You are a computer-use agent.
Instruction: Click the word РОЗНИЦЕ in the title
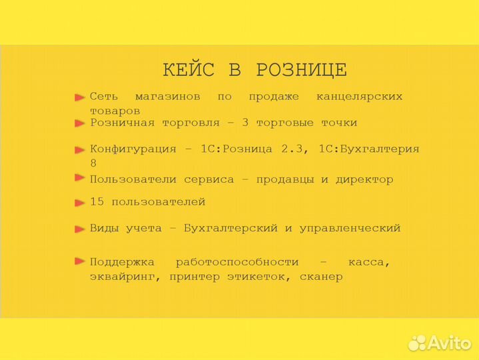point(301,70)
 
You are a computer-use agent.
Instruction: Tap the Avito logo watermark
point(440,342)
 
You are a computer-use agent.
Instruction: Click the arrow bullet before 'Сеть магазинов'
point(80,97)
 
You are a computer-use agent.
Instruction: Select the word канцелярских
point(360,97)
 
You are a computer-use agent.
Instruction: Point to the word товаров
point(115,111)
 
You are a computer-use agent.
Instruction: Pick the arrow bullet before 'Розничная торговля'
point(80,123)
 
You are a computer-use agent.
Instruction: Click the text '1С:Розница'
point(237,149)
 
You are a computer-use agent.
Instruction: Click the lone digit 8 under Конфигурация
point(93,163)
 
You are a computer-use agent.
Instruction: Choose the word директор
point(366,179)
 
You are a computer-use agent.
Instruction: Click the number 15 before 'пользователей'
point(97,201)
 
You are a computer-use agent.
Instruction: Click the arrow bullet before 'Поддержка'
point(80,261)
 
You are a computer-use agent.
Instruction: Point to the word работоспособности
point(237,262)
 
